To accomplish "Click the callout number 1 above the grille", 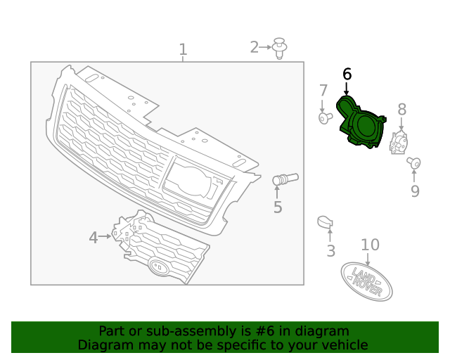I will tap(183, 50).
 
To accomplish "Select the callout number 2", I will tap(255, 47).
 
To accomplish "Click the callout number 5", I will tap(278, 207).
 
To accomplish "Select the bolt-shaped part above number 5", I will tap(285, 179).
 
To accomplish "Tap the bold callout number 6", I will tap(347, 74).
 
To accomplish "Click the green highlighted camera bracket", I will tap(360, 124).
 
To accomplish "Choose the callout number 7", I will tap(323, 91).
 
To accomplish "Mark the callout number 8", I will tap(401, 109).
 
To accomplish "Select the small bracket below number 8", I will tap(399, 142).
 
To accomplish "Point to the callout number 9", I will tap(415, 191).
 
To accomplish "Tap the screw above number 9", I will tap(413, 163).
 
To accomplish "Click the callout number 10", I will tap(370, 245).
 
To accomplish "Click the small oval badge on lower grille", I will tap(159, 267).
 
